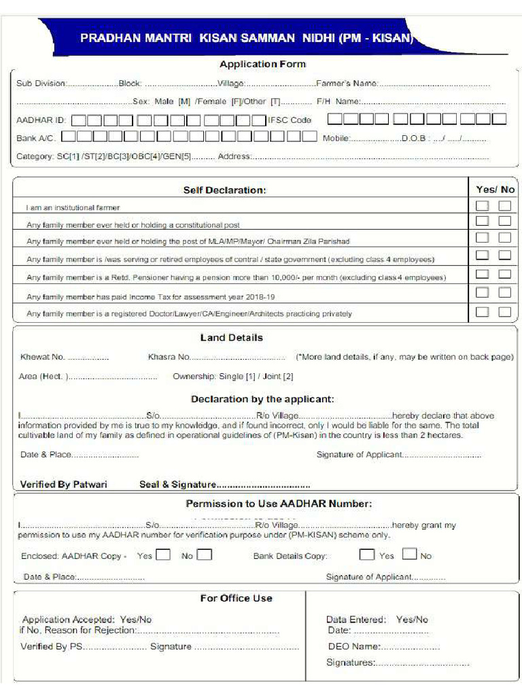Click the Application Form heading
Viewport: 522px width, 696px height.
tap(262, 64)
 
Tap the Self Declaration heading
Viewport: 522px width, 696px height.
tap(224, 190)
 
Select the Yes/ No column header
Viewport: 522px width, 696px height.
tap(495, 190)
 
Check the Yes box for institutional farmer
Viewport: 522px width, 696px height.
tap(482, 205)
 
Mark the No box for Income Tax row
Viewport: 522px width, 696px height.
tap(504, 292)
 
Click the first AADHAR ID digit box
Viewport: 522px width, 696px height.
tap(79, 120)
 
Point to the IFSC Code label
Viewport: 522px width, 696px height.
tap(290, 120)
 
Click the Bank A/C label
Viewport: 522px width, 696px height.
tap(35, 138)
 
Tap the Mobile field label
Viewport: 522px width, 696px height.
tap(336, 138)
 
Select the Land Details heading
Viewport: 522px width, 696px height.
tap(231, 338)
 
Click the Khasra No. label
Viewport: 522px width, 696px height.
tap(169, 357)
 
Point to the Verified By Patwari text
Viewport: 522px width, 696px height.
tap(63, 485)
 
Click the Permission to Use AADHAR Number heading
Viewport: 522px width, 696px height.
tap(279, 504)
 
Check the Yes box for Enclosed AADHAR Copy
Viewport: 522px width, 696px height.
tap(163, 555)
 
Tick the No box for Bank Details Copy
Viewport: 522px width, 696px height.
tap(409, 554)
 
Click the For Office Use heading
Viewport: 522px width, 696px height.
tap(236, 598)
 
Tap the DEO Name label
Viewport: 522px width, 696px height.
tap(353, 646)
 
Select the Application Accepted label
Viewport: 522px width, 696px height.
tap(68, 619)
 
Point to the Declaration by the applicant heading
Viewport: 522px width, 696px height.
tap(262, 399)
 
